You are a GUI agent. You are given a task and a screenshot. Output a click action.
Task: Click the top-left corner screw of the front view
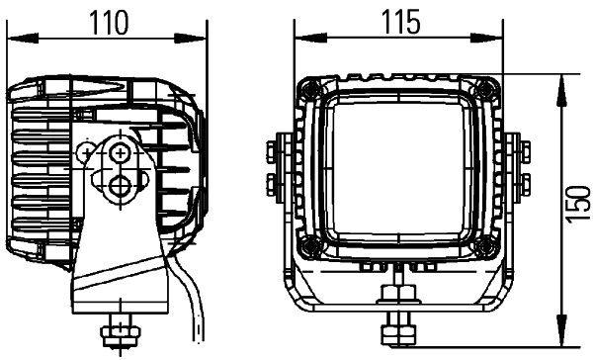pyautogui.click(x=311, y=90)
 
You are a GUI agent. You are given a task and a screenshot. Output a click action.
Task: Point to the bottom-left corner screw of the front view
pyautogui.click(x=311, y=244)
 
